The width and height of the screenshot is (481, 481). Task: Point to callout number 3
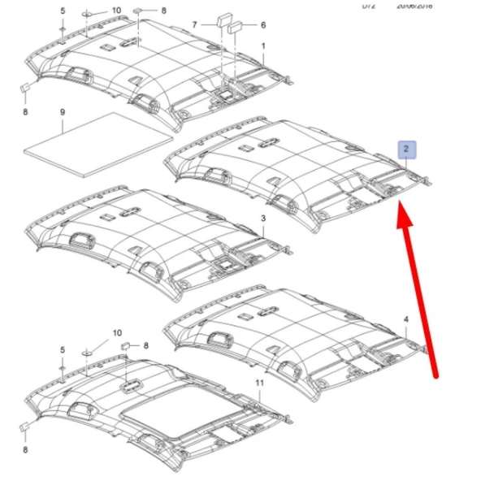262,219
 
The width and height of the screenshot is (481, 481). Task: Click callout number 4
406,320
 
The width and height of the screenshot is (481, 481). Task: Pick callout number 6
263,25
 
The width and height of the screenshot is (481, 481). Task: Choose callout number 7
194,25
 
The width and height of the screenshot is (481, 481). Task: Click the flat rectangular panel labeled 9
97,143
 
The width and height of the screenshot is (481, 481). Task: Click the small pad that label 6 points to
236,27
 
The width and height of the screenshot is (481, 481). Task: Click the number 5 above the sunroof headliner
62,349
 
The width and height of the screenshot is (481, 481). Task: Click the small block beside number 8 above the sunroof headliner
127,346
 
